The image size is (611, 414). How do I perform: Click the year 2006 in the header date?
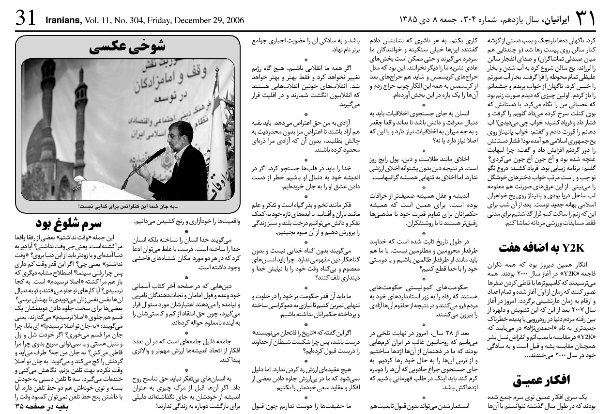pos(234,20)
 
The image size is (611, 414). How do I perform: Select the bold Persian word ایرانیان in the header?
pos(555,20)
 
